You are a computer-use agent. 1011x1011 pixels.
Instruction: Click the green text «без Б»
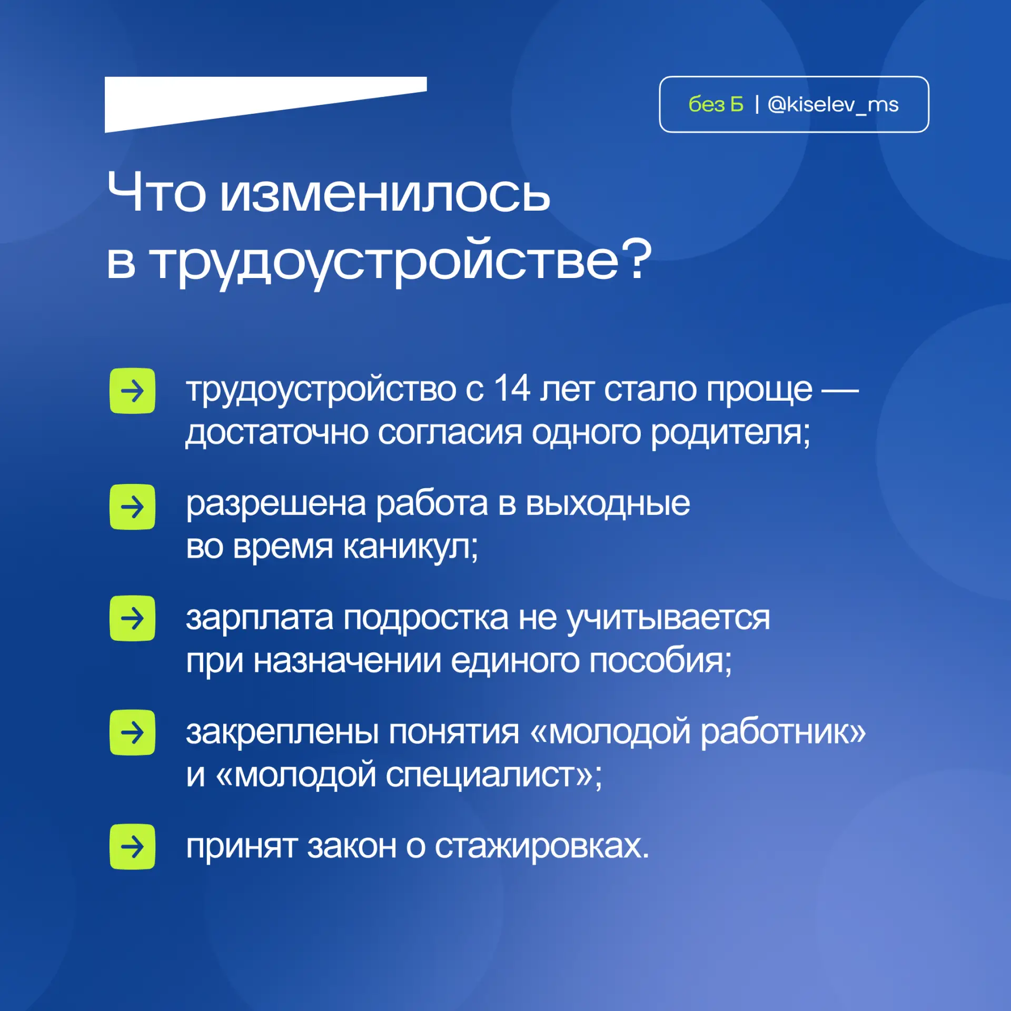coord(716,105)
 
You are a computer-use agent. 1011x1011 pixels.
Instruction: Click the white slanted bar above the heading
coord(265,104)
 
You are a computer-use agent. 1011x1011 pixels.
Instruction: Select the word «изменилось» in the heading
coord(385,193)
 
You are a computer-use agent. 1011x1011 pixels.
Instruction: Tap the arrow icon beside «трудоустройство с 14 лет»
coord(132,391)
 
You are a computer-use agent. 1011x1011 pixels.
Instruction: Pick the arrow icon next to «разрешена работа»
coord(132,507)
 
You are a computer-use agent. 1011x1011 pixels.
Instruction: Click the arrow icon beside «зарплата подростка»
coord(132,618)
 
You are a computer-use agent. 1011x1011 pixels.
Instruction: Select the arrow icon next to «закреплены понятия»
coord(132,732)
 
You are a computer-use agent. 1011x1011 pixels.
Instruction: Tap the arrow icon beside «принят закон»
coord(132,847)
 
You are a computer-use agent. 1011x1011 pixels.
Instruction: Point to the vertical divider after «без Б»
coord(757,104)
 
